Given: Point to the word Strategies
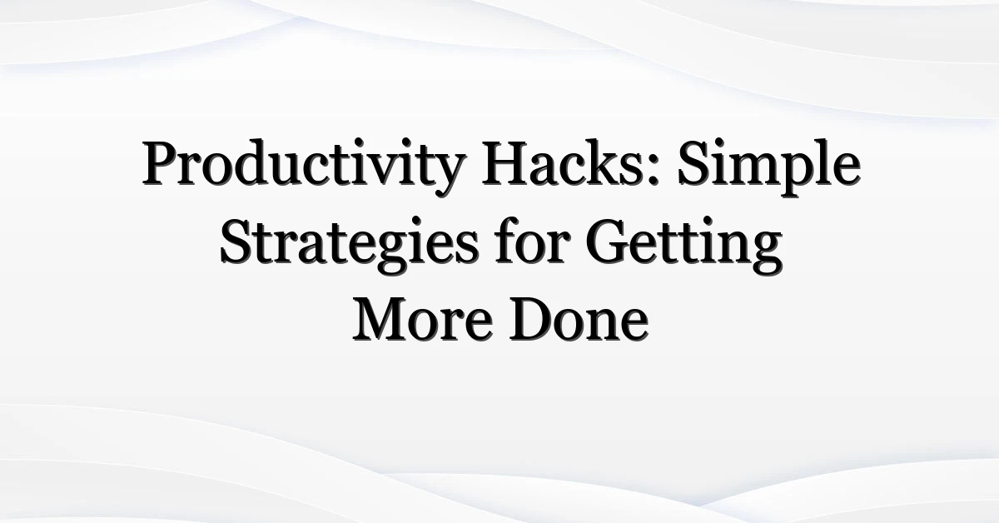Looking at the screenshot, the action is pos(349,246).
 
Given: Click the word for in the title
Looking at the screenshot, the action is pos(533,241).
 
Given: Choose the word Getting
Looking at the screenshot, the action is pos(683,246).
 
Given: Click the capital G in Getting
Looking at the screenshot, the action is pos(608,241).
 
